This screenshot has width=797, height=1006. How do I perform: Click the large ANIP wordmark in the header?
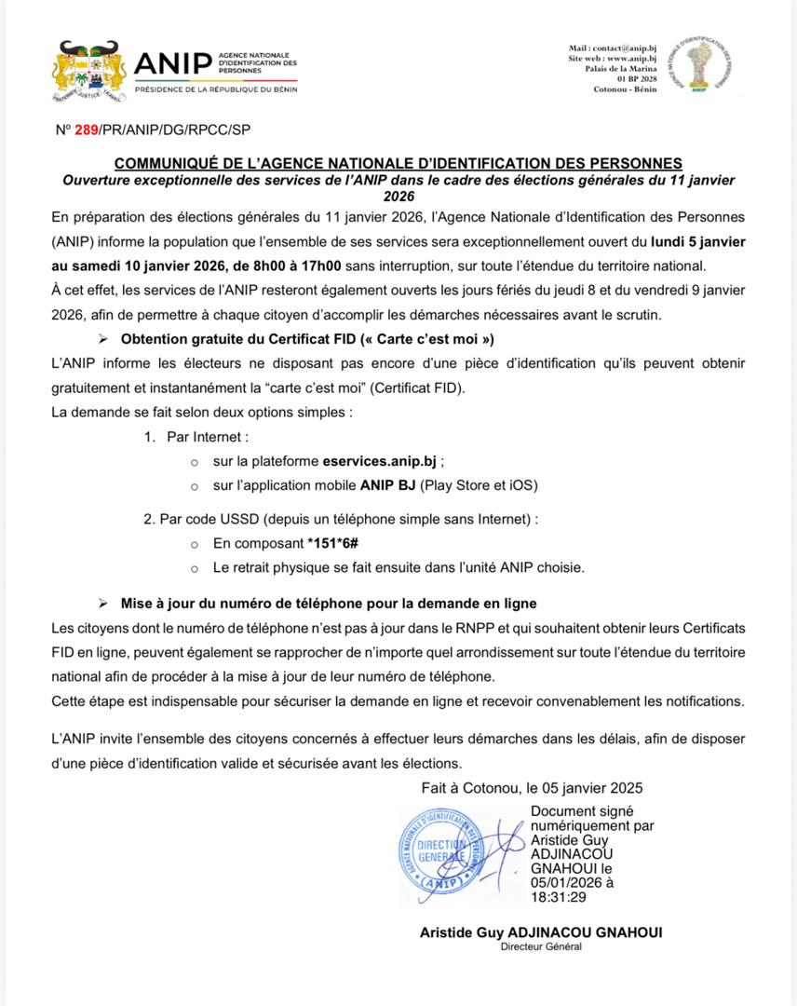click(x=172, y=63)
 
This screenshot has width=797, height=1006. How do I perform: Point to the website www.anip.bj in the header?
click(x=632, y=58)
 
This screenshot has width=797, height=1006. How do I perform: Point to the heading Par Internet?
click(x=208, y=436)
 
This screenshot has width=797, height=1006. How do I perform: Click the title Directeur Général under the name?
click(x=541, y=946)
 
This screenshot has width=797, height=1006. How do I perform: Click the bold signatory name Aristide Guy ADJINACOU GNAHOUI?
click(x=541, y=932)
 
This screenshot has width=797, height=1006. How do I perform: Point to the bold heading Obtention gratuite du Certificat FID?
click(x=306, y=338)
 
